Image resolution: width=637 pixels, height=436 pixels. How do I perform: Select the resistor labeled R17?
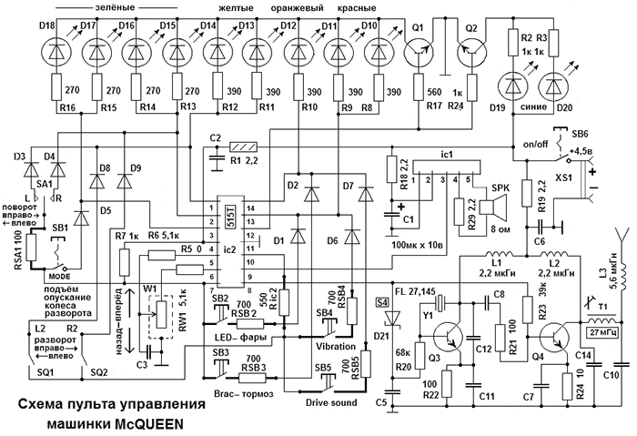pos(420,91)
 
